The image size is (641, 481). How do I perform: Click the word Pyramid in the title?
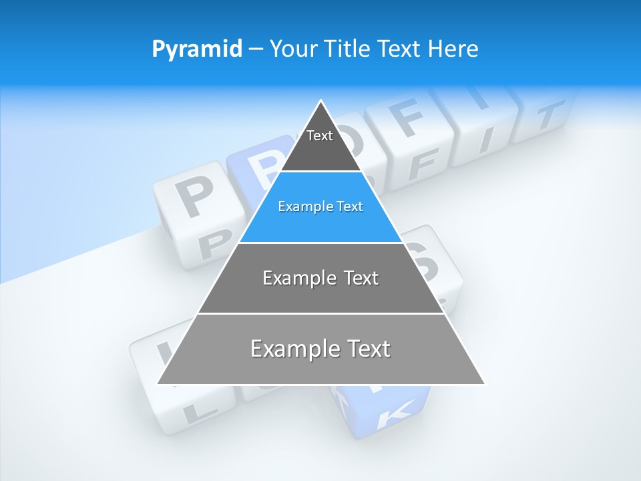197,49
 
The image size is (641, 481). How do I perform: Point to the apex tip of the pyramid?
321,102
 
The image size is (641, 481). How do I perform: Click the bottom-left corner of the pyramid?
158,383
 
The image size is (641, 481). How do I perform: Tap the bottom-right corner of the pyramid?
483,383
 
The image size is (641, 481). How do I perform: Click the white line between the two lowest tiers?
320,313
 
